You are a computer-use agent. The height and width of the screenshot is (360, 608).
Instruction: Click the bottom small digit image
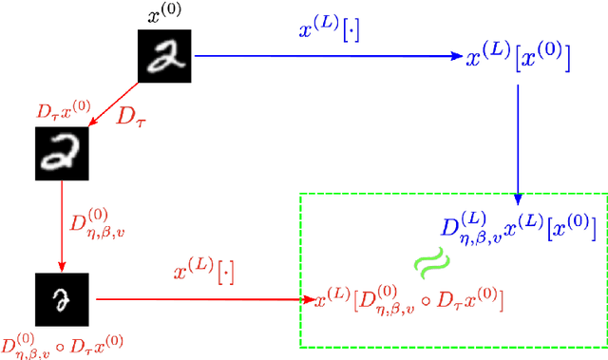(x=62, y=296)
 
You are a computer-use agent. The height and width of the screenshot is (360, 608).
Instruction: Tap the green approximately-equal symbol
(x=430, y=262)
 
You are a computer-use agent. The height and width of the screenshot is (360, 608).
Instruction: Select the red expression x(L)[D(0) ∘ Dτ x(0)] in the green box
(x=408, y=302)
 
